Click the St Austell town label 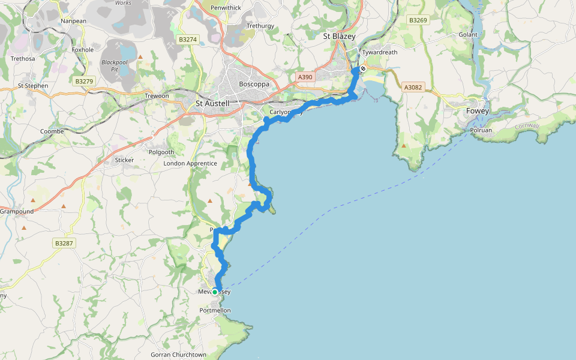tap(212, 104)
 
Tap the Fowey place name tap(478, 111)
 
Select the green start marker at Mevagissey tap(215, 292)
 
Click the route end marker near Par tap(362, 68)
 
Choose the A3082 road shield tap(413, 88)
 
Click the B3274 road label tap(188, 40)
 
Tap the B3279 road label tap(84, 80)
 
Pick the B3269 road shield tap(418, 20)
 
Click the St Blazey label tap(339, 37)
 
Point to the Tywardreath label tap(380, 53)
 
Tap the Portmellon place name tap(215, 310)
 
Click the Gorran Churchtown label tap(178, 355)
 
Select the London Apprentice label tap(190, 163)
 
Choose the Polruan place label tap(481, 130)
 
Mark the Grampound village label tap(17, 211)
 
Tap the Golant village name tap(468, 35)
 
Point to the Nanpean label tap(74, 21)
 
